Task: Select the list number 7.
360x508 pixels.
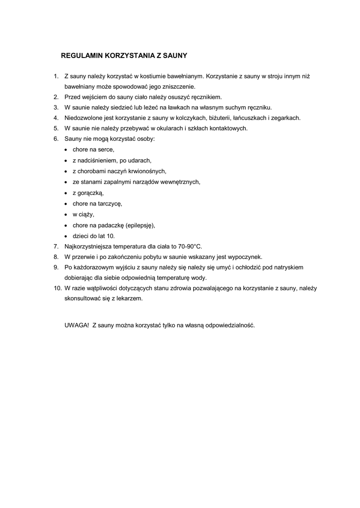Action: [56, 247]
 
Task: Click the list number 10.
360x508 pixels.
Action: [57, 288]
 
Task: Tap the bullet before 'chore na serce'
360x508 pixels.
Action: [67, 150]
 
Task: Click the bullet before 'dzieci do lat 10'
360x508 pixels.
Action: [67, 236]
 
